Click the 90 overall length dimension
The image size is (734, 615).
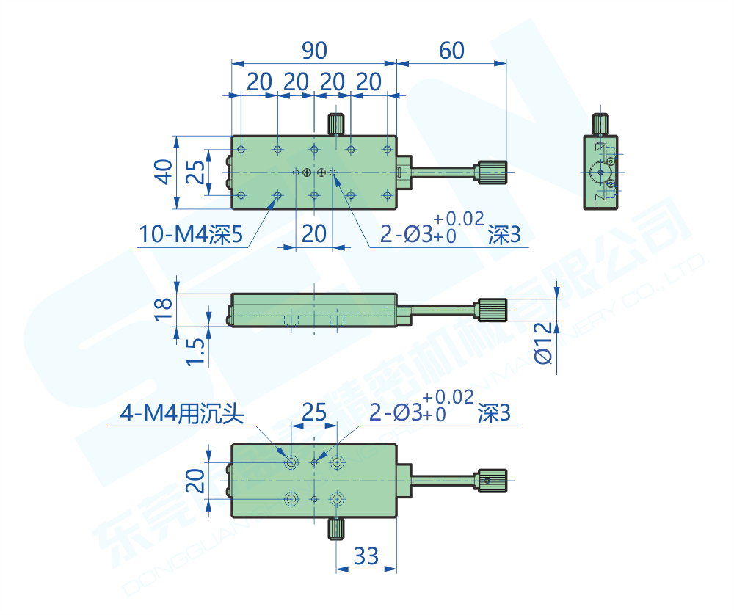point(314,51)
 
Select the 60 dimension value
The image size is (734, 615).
point(451,51)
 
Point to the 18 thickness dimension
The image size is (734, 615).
point(166,307)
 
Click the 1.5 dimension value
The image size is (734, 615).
point(194,352)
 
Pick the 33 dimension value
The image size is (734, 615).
point(366,556)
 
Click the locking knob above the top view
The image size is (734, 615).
point(337,123)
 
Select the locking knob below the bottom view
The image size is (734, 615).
point(336,528)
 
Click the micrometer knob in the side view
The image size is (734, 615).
point(493,310)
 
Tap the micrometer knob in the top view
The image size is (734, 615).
point(493,172)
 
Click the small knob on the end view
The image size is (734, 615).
point(600,123)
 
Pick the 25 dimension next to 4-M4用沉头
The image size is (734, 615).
point(313,412)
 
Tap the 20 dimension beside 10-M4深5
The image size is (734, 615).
point(313,234)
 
